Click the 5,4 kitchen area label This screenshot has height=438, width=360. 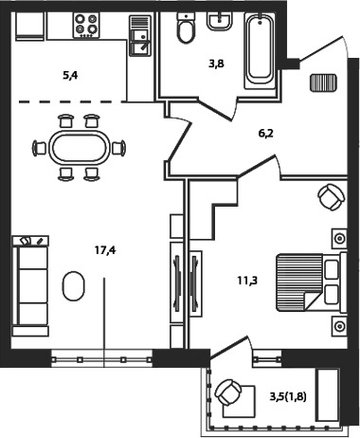point(70,76)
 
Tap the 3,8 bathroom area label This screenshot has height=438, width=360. point(216,64)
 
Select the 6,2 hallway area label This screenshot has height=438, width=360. point(266,134)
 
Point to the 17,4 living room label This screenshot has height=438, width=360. point(105,250)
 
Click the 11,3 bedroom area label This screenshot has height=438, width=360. point(248,280)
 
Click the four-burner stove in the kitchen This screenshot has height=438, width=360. point(86,25)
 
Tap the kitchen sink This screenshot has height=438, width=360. point(140,36)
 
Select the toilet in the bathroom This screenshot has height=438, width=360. point(186,27)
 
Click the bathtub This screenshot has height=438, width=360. point(261,49)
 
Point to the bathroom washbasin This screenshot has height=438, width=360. point(220,21)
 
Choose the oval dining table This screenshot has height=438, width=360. point(79,148)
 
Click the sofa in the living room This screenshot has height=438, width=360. point(30,285)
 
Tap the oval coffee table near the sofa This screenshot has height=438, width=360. point(73,285)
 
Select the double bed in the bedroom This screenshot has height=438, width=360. point(312,283)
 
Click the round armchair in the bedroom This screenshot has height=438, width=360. point(332,197)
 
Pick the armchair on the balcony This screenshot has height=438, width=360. point(228,392)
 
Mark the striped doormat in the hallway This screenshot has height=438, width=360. point(323,82)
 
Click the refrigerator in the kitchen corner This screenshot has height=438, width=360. point(29,27)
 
